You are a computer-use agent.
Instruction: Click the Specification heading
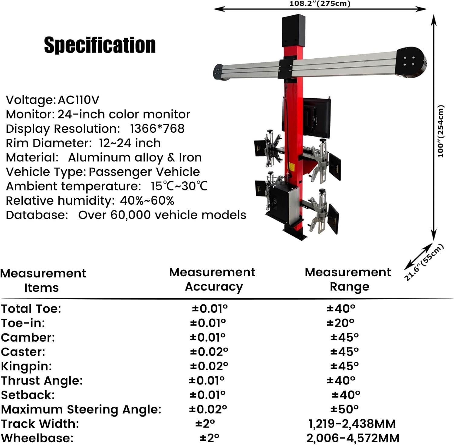pyautogui.click(x=100, y=45)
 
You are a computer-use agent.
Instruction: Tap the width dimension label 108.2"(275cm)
pyautogui.click(x=320, y=4)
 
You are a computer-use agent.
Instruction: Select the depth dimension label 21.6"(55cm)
pyautogui.click(x=424, y=262)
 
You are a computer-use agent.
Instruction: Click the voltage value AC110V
pyautogui.click(x=78, y=100)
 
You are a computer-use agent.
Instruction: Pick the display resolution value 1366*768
pyautogui.click(x=157, y=128)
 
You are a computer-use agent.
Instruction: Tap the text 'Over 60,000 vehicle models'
pyautogui.click(x=162, y=215)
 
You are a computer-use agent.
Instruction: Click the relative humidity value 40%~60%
pyautogui.click(x=147, y=200)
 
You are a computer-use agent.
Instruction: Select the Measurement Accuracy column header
pyautogui.click(x=212, y=279)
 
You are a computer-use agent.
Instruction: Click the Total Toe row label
pyautogui.click(x=31, y=309)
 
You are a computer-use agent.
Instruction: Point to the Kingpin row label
pyautogui.click(x=27, y=366)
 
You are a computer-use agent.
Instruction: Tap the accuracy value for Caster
pyautogui.click(x=209, y=352)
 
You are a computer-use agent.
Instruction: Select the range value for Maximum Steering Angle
pyautogui.click(x=344, y=409)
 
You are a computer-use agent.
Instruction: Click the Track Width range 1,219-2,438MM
pyautogui.click(x=352, y=424)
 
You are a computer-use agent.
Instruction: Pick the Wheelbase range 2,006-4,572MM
pyautogui.click(x=353, y=438)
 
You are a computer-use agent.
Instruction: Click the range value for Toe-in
pyautogui.click(x=340, y=323)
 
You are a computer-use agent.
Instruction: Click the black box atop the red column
pyautogui.click(x=294, y=30)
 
